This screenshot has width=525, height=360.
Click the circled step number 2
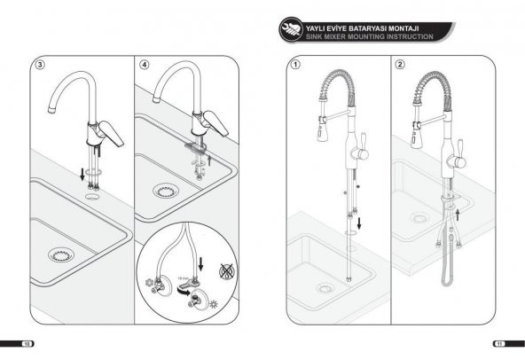coord(400,65)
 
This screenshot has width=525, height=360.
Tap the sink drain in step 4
coord(165,189)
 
